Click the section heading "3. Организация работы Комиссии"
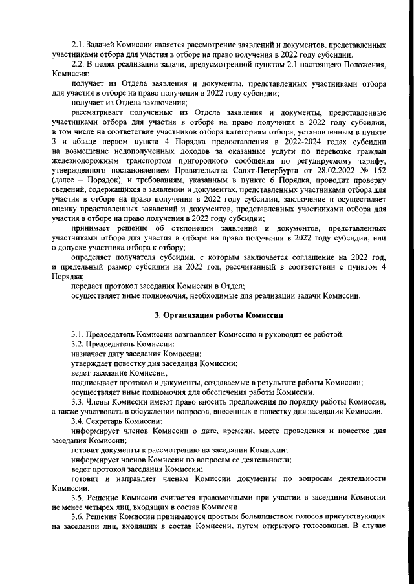point(219,315)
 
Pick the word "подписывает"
point(96,381)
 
